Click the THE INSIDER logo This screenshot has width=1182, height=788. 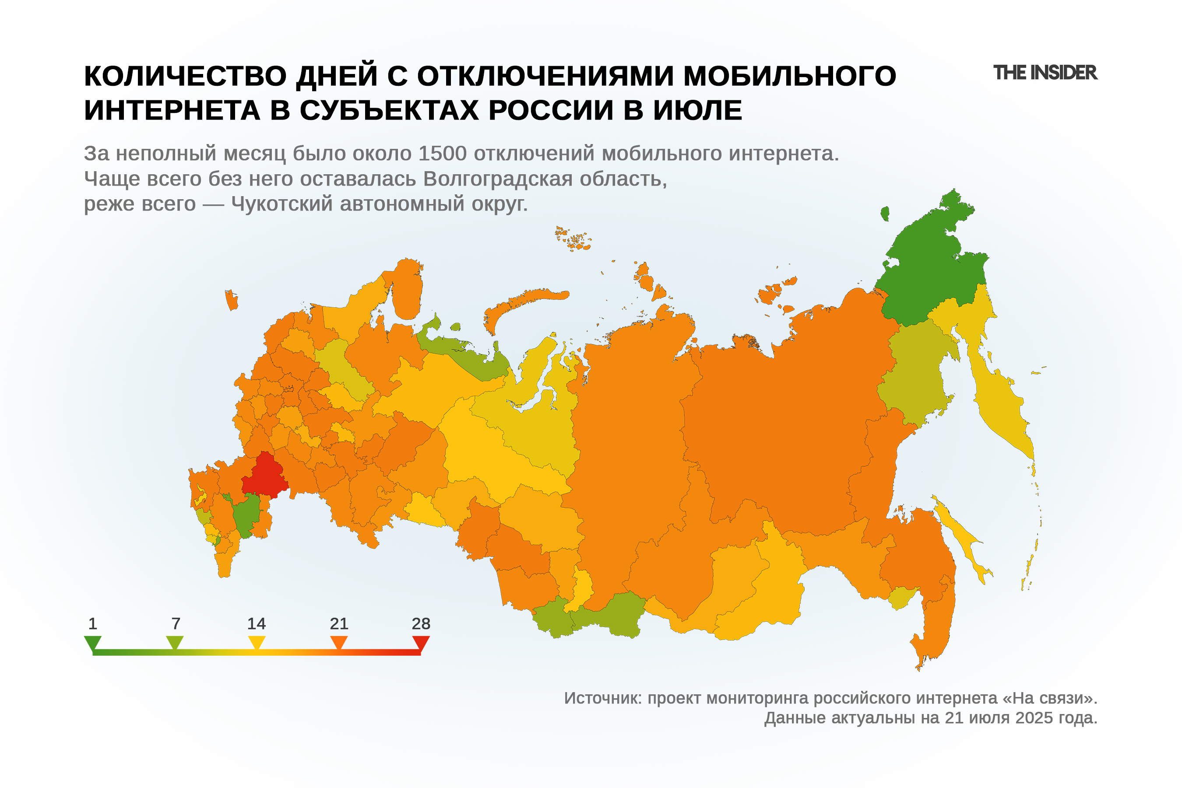coord(1045,73)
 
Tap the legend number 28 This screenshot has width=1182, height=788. coord(421,624)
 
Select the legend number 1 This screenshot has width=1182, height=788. coord(92,624)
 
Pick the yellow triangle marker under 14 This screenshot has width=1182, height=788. coord(257,642)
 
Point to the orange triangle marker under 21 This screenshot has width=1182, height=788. coord(339,642)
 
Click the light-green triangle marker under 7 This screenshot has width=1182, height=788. coord(175,642)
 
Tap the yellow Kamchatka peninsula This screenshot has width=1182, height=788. coord(998,397)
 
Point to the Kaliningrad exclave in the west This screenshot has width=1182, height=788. coord(231,300)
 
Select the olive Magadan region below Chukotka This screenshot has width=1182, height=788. coord(915,372)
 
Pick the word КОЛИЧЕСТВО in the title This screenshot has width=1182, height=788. coord(185,76)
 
